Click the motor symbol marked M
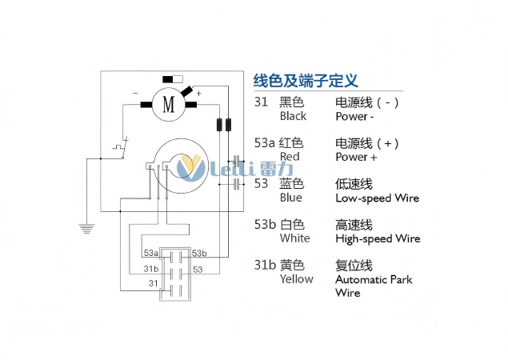click(x=168, y=104)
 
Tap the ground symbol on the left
click(x=86, y=228)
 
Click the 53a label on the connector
click(x=151, y=253)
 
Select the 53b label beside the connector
click(x=199, y=253)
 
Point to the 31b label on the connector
click(x=151, y=269)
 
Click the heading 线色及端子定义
click(x=305, y=81)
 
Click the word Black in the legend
click(x=293, y=116)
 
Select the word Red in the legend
click(x=290, y=157)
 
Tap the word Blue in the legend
click(x=291, y=198)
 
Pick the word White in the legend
click(x=294, y=238)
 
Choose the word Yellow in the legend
click(x=296, y=279)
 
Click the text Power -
click(x=354, y=116)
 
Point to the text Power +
click(x=356, y=157)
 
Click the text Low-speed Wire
click(x=377, y=198)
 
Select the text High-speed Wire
click(x=378, y=238)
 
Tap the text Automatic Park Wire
click(x=374, y=286)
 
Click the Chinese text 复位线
click(x=354, y=265)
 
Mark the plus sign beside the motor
click(x=198, y=94)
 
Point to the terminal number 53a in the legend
click(x=264, y=143)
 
